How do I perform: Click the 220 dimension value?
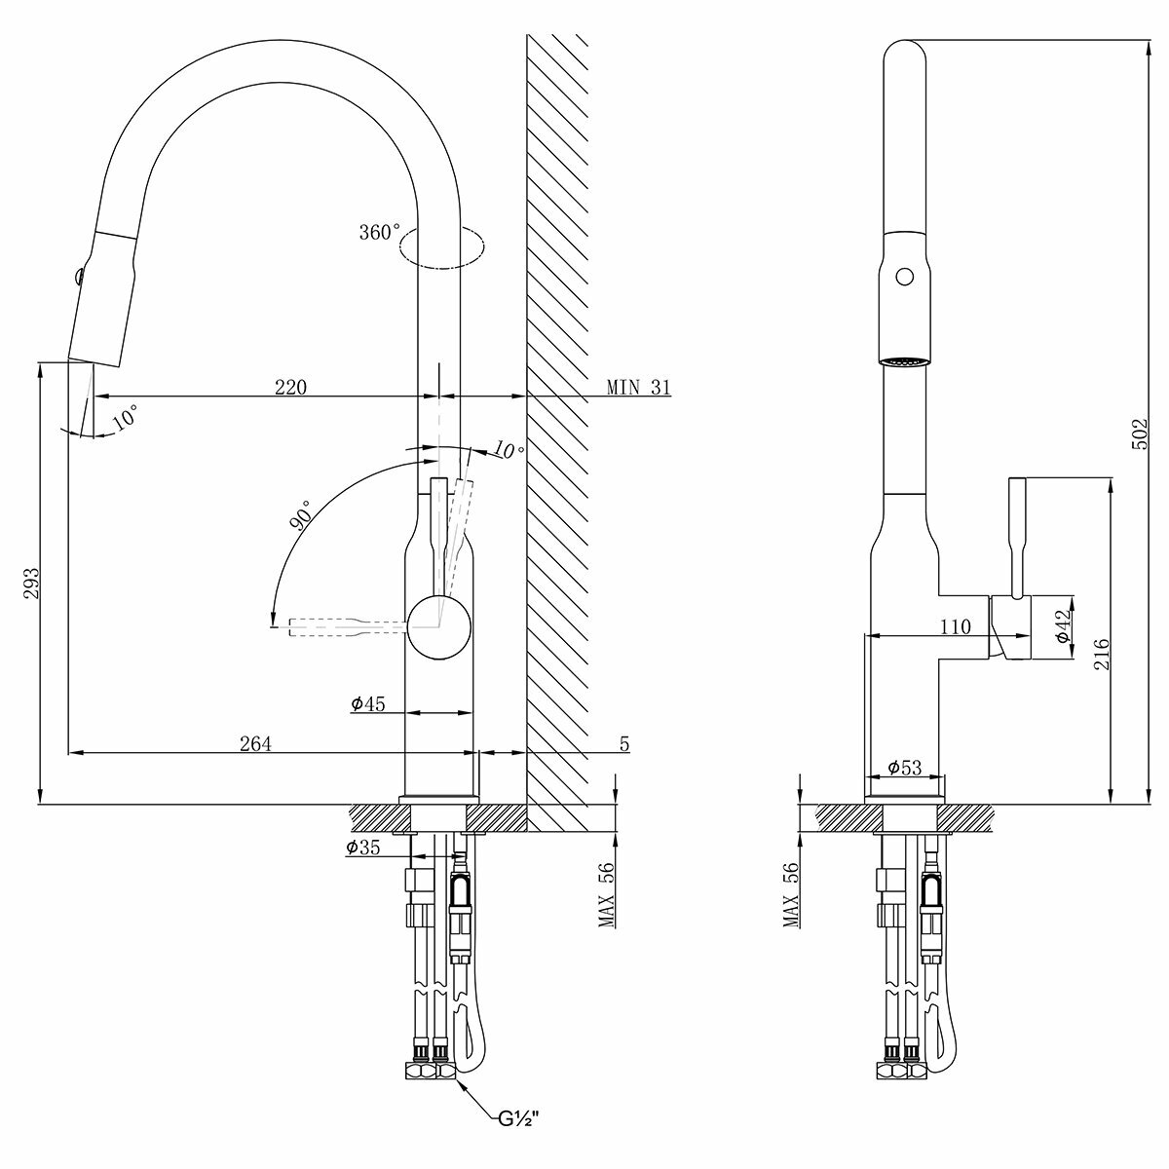[290, 387]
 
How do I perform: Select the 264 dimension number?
[255, 743]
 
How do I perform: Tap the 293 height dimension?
[31, 584]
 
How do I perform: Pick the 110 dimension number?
[957, 627]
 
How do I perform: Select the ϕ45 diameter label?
[369, 703]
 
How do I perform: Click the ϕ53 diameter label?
[904, 769]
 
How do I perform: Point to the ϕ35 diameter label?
[363, 848]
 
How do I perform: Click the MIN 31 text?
[639, 387]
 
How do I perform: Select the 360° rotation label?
[380, 232]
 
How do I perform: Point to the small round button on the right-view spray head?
[905, 278]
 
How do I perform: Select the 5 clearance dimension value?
[624, 744]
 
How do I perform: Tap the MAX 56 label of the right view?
[791, 894]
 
